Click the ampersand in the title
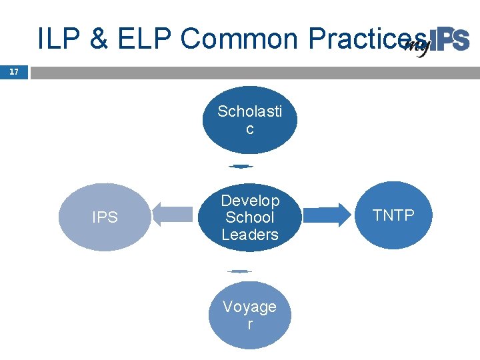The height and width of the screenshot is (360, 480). point(97,39)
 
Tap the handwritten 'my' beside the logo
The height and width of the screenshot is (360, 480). point(417,46)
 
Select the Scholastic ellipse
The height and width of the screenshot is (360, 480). point(250,120)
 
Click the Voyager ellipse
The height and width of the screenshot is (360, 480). point(249,315)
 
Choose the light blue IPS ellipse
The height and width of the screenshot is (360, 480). point(105,217)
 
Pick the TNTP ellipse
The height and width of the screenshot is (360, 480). point(393,215)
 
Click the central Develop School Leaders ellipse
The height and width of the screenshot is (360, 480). point(250,217)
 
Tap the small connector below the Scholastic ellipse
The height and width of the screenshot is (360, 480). point(241,165)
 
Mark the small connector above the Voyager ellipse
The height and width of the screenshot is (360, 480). point(239,271)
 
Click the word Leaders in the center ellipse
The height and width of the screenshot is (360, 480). point(250,235)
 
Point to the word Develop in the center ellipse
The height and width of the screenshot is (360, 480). point(250,201)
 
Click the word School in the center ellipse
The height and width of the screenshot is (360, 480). point(250,217)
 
